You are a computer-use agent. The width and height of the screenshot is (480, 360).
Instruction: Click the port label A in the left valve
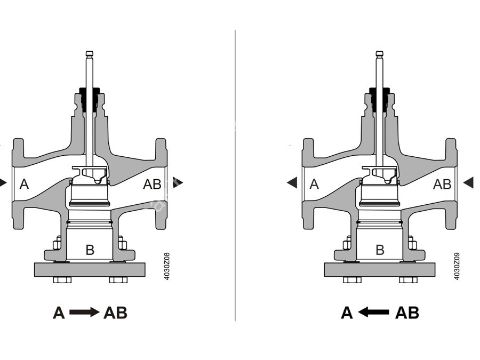(24, 185)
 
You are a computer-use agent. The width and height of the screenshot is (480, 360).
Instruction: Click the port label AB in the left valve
(152, 185)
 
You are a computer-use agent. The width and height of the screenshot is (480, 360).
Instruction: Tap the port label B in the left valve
(90, 250)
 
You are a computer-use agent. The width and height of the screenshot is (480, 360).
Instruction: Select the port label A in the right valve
(314, 185)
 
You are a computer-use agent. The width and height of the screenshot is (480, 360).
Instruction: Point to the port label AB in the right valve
(442, 185)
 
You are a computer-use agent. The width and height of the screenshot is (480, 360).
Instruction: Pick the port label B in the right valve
(380, 250)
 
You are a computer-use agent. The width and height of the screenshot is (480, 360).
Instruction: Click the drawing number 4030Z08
(167, 266)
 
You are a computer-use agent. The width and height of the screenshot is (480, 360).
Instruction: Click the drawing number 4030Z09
(457, 266)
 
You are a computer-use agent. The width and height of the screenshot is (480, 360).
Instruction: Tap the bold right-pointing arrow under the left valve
(84, 313)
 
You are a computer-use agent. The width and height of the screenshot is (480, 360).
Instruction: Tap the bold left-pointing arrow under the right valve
(373, 313)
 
